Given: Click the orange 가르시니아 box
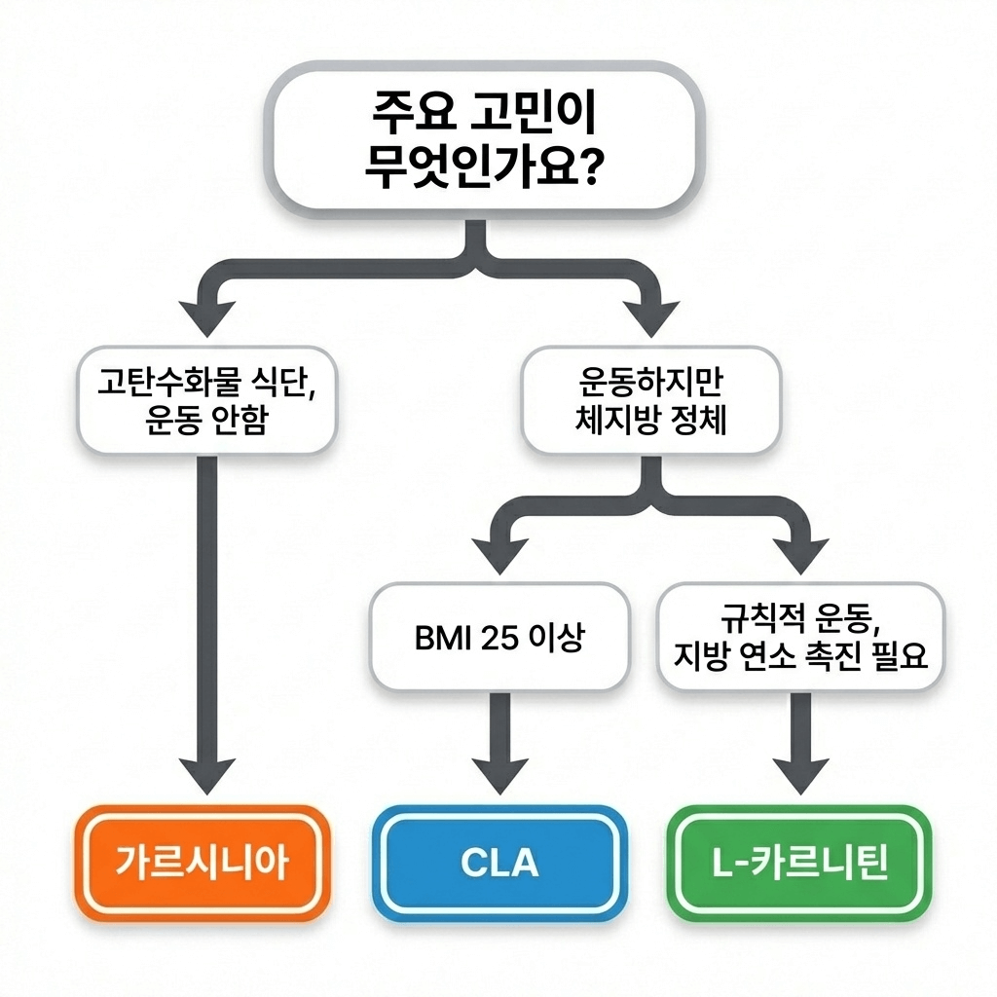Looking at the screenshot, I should (203, 863).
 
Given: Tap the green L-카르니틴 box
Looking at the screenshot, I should (798, 863).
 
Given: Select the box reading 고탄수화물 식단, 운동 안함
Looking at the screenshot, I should (206, 401).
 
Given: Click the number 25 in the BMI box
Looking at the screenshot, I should (499, 640).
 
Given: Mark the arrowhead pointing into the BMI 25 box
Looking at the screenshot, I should (498, 555).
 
